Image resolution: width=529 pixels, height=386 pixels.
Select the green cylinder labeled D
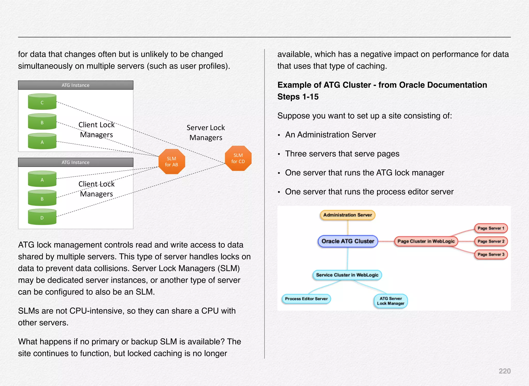pyautogui.click(x=42, y=217)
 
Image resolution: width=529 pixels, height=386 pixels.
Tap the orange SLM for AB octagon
pyautogui.click(x=172, y=162)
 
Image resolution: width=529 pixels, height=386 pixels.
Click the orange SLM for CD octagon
pyautogui.click(x=238, y=158)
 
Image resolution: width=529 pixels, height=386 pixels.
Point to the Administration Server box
pyautogui.click(x=347, y=215)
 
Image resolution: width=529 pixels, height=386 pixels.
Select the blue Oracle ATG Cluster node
pyautogui.click(x=348, y=241)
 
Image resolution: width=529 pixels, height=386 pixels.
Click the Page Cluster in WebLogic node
pyautogui.click(x=426, y=241)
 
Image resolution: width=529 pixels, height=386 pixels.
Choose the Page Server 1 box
pyautogui.click(x=491, y=228)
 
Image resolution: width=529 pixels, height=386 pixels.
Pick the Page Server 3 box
pyautogui.click(x=491, y=254)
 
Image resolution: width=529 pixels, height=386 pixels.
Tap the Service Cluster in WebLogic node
pyautogui.click(x=347, y=275)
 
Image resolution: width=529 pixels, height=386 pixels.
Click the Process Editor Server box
pyautogui.click(x=306, y=299)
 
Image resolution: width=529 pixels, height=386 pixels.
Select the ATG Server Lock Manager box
pyautogui.click(x=391, y=301)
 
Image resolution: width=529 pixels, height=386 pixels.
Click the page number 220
pyautogui.click(x=504, y=371)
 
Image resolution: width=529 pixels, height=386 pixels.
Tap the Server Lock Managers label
pyautogui.click(x=206, y=133)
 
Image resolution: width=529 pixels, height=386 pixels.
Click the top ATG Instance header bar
pyautogui.click(x=76, y=85)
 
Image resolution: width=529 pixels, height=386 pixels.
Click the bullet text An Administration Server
pyautogui.click(x=330, y=135)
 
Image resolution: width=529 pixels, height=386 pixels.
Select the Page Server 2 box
pyautogui.click(x=491, y=241)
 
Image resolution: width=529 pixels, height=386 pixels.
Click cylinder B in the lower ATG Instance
pyautogui.click(x=42, y=198)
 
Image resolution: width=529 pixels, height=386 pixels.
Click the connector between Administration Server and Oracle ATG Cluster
pyautogui.click(x=348, y=228)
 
